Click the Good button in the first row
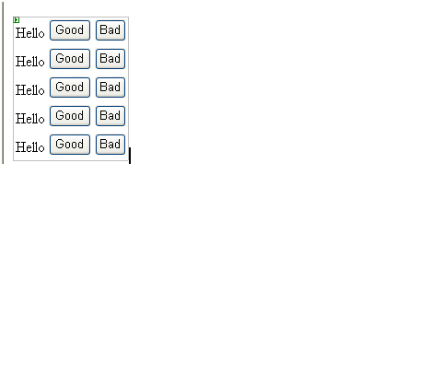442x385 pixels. pyautogui.click(x=70, y=30)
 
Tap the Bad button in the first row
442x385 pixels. pyautogui.click(x=110, y=30)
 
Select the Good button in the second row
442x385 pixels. pyautogui.click(x=70, y=59)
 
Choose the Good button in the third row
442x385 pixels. pyautogui.click(x=70, y=87)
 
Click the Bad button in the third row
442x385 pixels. pyautogui.click(x=110, y=87)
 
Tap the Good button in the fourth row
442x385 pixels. pyautogui.click(x=70, y=116)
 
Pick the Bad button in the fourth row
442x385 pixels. pyautogui.click(x=110, y=116)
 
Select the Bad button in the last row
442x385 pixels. pyautogui.click(x=110, y=145)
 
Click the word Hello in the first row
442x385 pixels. pyautogui.click(x=30, y=33)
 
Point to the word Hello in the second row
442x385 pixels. pyautogui.click(x=30, y=62)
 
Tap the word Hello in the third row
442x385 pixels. pyautogui.click(x=30, y=90)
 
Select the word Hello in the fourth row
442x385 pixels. pyautogui.click(x=30, y=119)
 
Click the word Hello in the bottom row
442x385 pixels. pyautogui.click(x=30, y=147)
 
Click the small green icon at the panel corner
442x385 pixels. pyautogui.click(x=17, y=20)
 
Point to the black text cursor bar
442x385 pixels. pyautogui.click(x=130, y=156)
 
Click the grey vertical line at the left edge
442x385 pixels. pyautogui.click(x=3, y=82)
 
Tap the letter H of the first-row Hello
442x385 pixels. pyautogui.click(x=20, y=33)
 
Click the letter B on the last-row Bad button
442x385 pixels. pyautogui.click(x=103, y=145)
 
